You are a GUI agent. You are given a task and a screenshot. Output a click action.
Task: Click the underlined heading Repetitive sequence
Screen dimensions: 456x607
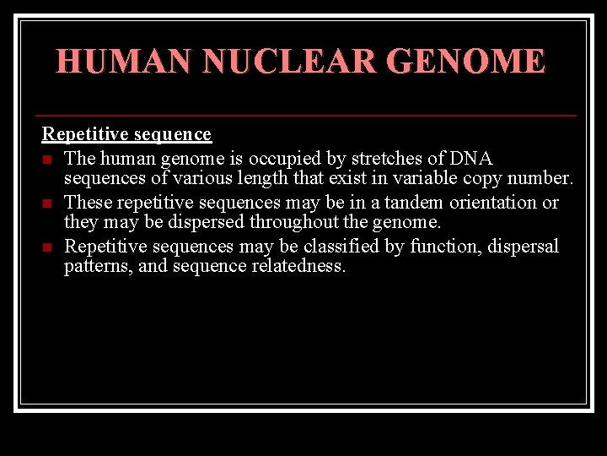coord(126,134)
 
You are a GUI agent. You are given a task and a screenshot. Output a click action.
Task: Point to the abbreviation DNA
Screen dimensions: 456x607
coord(471,158)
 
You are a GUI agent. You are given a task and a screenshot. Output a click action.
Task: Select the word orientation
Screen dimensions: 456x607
coord(494,203)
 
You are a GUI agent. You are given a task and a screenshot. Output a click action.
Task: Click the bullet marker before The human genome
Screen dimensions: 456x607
coord(47,160)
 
